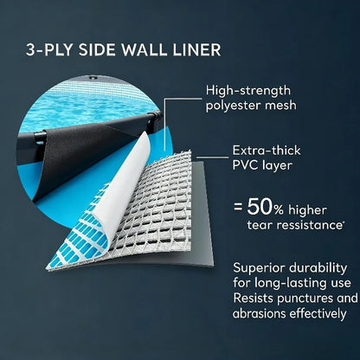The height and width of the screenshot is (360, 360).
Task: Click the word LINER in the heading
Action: point(196,49)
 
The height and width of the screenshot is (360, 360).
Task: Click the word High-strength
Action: point(248,91)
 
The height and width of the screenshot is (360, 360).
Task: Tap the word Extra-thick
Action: point(267,151)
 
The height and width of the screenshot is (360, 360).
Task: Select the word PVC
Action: point(245,165)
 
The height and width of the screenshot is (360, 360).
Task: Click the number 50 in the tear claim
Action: point(259,208)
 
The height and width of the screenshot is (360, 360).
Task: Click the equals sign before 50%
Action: point(238,207)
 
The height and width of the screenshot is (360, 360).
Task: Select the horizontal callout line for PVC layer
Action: point(212,157)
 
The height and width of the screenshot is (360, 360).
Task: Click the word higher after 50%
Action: point(307,210)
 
